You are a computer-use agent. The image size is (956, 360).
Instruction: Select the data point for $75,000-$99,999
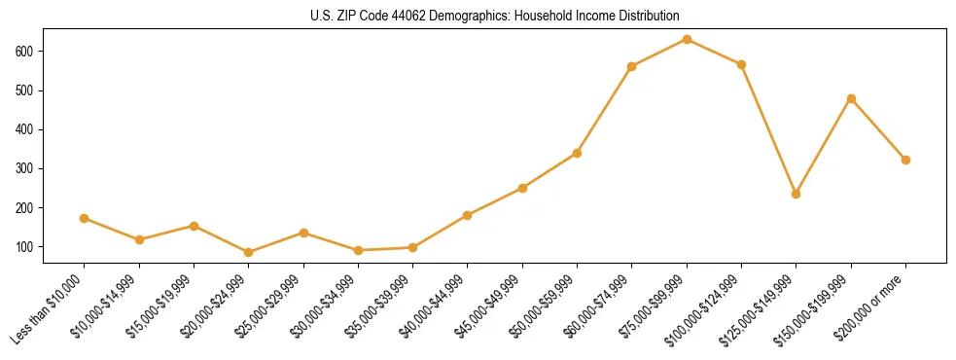pos(687,39)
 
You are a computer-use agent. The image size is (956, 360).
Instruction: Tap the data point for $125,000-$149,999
pos(797,194)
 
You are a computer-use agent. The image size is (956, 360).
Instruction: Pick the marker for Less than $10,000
pos(85,218)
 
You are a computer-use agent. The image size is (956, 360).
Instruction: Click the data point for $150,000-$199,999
pos(851,98)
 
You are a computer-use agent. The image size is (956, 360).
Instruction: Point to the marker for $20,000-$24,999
pos(249,252)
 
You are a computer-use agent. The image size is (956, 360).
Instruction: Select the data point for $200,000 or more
pos(905,160)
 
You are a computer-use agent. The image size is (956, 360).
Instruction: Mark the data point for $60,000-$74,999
pos(632,66)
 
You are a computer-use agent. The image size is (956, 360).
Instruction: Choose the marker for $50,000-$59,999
pos(577,153)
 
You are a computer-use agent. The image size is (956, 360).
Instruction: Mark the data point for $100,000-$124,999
pos(741,64)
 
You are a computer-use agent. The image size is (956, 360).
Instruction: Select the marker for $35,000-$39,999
pos(412,247)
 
